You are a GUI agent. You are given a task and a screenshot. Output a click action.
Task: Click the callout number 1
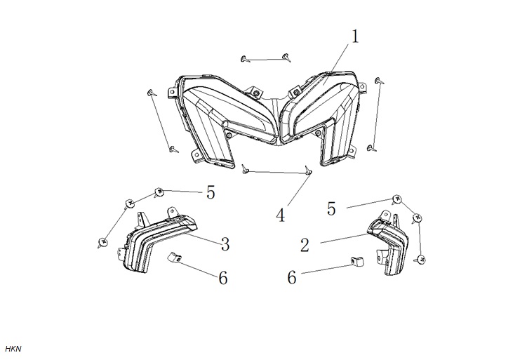(355, 36)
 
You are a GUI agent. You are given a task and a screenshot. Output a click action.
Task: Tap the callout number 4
(281, 215)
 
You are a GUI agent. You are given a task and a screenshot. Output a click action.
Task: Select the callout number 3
(225, 244)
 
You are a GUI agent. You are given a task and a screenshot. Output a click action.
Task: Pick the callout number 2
(305, 245)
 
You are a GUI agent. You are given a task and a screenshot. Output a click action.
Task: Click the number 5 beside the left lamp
(211, 192)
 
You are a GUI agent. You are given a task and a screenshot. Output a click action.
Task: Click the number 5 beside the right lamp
(331, 208)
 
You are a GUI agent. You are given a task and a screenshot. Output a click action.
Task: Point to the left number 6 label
(223, 278)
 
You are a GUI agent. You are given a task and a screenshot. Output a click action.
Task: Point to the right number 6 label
(292, 278)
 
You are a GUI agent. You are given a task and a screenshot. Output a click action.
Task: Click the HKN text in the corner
(13, 349)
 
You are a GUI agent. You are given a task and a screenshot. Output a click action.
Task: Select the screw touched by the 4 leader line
(307, 170)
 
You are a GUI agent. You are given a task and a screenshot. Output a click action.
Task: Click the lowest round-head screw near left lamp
(102, 242)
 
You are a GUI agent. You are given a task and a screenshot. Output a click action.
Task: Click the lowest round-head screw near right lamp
(420, 259)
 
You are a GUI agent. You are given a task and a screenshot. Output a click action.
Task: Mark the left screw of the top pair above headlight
(246, 59)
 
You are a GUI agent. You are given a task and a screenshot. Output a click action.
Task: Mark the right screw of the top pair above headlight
(286, 57)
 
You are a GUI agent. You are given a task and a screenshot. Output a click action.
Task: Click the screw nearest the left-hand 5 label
(159, 193)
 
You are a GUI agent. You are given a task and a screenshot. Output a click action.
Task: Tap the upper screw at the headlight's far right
(380, 80)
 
